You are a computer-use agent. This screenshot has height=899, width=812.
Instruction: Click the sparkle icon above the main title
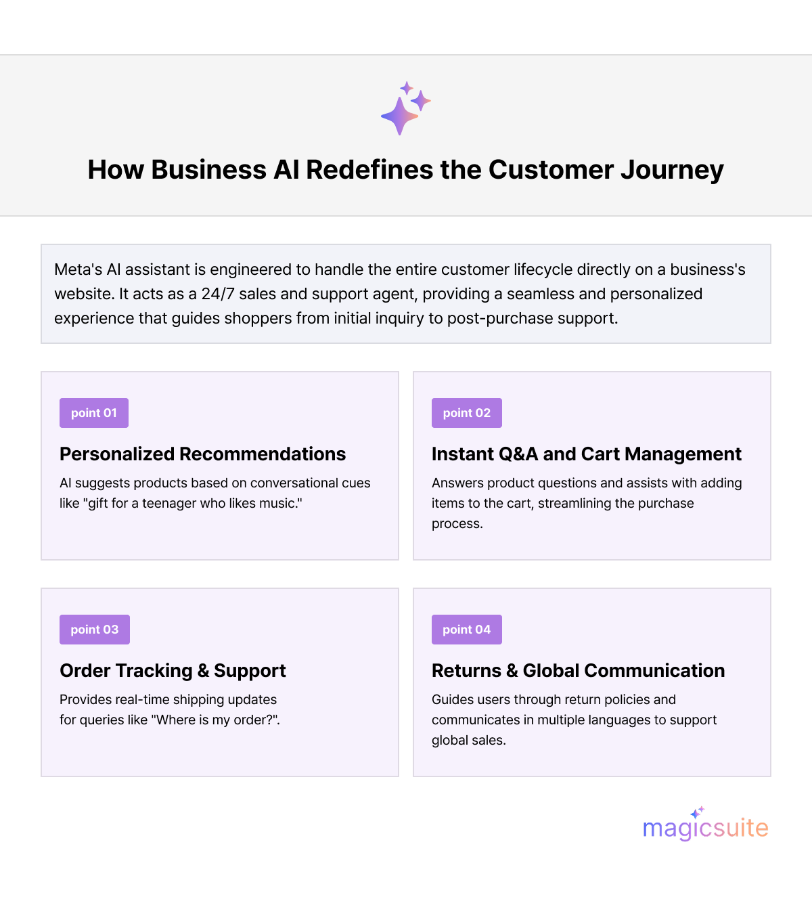(405, 108)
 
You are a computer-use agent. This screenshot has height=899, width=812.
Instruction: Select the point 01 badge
(94, 413)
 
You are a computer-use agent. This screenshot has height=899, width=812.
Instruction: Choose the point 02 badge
(467, 413)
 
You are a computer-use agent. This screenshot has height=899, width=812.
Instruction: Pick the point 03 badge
(95, 630)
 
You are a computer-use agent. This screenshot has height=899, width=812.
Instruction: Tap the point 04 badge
(467, 630)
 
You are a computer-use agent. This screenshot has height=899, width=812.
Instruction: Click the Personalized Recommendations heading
(202, 454)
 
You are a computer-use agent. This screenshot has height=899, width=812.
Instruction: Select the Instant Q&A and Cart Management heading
(587, 454)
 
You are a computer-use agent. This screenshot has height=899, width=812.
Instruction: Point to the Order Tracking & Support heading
(173, 671)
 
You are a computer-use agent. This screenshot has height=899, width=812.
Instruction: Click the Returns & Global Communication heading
(578, 671)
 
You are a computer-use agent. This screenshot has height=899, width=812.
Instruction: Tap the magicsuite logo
(705, 827)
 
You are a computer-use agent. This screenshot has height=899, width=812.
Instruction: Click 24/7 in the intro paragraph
(217, 294)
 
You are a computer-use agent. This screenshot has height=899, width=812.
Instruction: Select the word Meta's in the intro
(78, 269)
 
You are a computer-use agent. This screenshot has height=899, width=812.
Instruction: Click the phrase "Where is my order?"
(216, 720)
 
